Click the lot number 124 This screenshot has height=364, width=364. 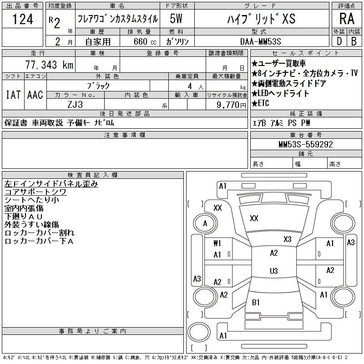[x=23, y=19]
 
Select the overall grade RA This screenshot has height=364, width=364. [x=347, y=19]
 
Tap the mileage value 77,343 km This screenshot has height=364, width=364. [x=49, y=65]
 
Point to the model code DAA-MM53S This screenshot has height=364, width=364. [x=260, y=41]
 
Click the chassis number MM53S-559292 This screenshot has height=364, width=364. [x=306, y=144]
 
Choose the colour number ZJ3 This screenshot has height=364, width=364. [x=75, y=105]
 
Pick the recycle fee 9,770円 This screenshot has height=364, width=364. [x=231, y=105]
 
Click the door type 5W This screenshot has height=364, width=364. [x=176, y=19]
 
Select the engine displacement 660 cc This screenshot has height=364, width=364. [x=145, y=41]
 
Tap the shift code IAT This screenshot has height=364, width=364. [x=13, y=95]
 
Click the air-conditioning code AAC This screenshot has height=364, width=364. [x=35, y=95]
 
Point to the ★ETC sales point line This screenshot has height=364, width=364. [x=260, y=103]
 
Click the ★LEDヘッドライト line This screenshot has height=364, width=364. [x=280, y=93]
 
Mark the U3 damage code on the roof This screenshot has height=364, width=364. [x=274, y=271]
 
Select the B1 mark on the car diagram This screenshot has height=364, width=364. [x=256, y=302]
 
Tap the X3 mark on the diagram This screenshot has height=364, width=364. [x=288, y=239]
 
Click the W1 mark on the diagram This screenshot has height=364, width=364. [x=217, y=243]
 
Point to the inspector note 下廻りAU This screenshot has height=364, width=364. [x=24, y=217]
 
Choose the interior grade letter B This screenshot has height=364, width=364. [x=354, y=41]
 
